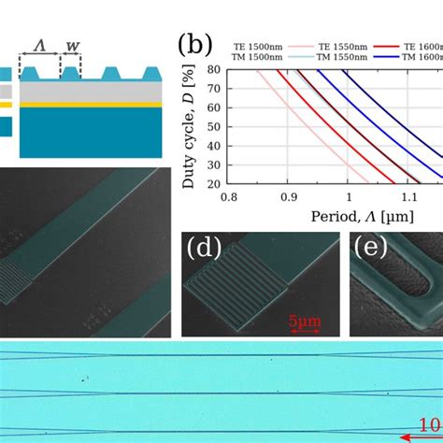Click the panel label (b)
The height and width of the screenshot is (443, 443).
pos(194,46)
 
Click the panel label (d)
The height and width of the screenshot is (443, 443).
pos(204,250)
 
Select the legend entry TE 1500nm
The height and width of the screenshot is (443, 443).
pos(263,44)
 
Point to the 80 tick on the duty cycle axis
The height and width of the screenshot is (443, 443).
pos(213,69)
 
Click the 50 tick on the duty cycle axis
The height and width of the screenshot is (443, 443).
pos(213,126)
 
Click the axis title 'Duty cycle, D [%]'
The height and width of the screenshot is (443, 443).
pos(189,126)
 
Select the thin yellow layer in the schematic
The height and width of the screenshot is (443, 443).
pos(89,106)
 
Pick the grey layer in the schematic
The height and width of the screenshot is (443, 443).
pos(89,92)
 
